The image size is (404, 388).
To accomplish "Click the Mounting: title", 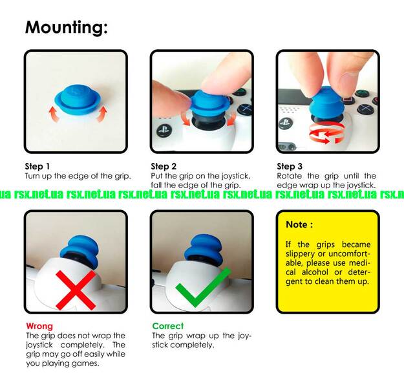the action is [x=66, y=27].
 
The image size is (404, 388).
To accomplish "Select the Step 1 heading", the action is [x=37, y=166].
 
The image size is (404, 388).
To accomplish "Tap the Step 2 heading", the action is [x=164, y=166].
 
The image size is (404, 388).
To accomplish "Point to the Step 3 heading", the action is [x=290, y=166].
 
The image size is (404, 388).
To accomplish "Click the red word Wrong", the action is [x=39, y=326].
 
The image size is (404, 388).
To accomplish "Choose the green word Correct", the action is [x=168, y=326].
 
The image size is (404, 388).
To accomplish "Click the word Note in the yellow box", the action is [x=296, y=224].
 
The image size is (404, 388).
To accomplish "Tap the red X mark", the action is [x=76, y=290].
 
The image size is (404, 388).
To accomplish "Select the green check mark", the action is [x=203, y=288].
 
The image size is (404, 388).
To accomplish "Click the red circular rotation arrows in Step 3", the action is [x=326, y=133].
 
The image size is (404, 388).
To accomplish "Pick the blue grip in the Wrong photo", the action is [x=80, y=251].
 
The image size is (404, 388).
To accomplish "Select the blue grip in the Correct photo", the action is [x=205, y=250].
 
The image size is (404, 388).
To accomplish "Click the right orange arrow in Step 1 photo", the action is [x=102, y=114].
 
